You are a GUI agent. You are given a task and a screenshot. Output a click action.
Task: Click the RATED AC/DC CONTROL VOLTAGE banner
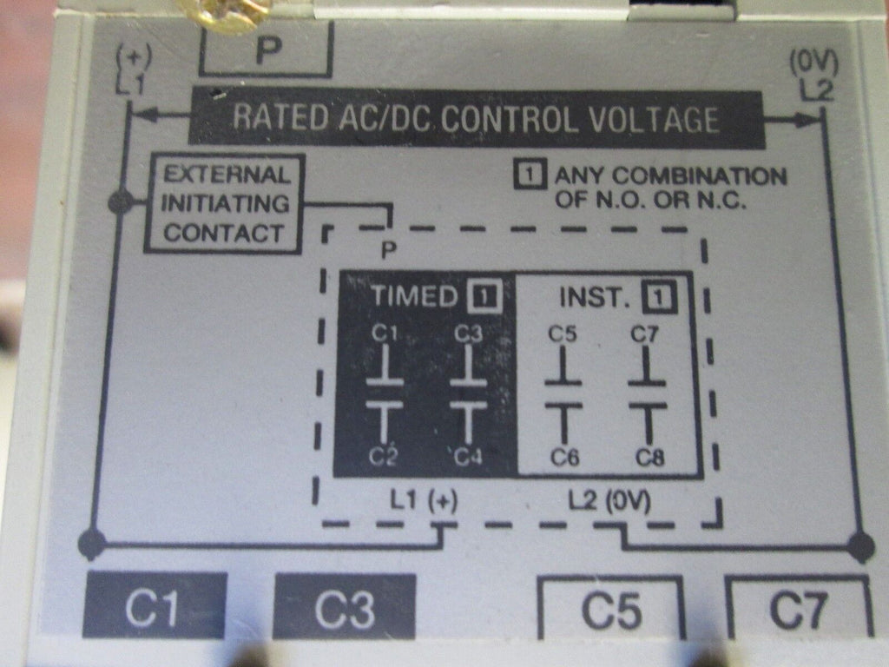point(476,119)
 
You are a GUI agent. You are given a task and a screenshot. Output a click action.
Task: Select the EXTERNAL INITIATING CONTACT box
point(224,203)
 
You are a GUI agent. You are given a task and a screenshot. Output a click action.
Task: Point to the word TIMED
point(414,297)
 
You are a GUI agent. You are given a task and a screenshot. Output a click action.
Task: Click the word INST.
point(595,297)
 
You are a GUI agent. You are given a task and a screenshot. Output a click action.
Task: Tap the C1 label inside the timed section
point(384,333)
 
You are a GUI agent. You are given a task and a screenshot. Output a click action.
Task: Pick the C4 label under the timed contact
point(468,457)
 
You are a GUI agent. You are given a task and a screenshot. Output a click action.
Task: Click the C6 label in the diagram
point(564,458)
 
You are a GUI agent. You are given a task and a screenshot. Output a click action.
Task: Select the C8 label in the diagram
point(649,458)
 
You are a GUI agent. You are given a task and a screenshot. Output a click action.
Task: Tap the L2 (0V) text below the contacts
point(610,502)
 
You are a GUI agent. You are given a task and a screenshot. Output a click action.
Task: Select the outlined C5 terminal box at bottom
point(611,610)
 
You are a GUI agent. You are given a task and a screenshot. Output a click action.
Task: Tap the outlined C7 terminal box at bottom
point(799,610)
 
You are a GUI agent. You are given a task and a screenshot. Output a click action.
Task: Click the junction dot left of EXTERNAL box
point(121,203)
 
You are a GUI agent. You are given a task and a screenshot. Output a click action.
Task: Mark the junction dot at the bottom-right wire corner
point(860,546)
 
